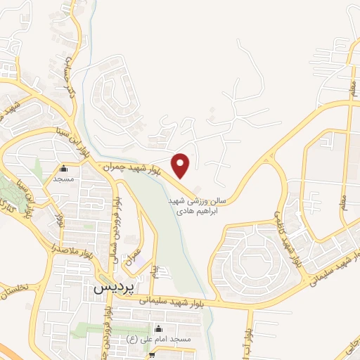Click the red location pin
(181, 165)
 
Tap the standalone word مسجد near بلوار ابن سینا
(64, 179)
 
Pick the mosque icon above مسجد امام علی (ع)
(158, 328)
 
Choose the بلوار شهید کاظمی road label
(288, 239)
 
